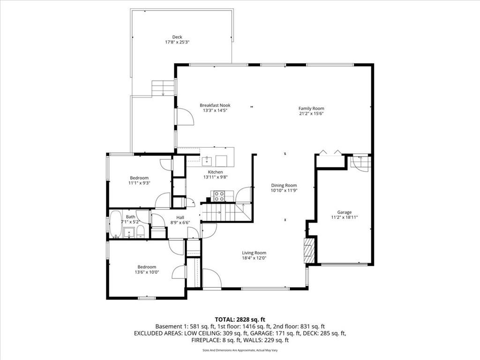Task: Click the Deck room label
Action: tap(177, 37)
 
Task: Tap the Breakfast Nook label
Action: tap(215, 105)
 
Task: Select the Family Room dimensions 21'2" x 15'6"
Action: tap(311, 113)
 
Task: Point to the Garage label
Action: tap(345, 212)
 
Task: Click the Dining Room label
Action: tap(284, 185)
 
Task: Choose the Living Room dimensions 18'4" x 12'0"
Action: tap(254, 258)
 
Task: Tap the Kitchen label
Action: tap(216, 172)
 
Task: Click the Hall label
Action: tap(180, 217)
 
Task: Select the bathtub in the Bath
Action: tap(116, 224)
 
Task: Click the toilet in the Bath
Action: tap(141, 232)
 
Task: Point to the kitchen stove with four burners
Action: tap(219, 196)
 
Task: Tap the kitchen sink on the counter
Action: tap(207, 160)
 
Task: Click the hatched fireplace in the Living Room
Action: tap(309, 251)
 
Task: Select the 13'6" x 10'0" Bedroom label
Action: tap(147, 270)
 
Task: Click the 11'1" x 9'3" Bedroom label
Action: tap(139, 180)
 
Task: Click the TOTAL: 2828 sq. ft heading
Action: tap(240, 320)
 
